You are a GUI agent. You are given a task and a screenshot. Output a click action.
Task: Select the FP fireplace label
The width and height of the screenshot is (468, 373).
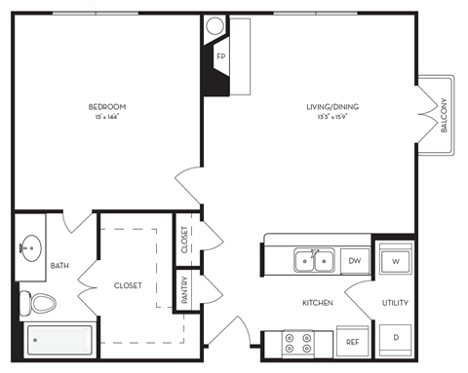click(220, 56)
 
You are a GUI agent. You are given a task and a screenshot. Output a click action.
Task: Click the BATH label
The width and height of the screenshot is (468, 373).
click(59, 265)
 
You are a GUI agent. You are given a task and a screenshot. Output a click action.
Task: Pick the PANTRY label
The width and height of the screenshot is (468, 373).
click(184, 292)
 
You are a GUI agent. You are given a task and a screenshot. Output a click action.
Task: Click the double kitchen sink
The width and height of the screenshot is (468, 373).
click(314, 260)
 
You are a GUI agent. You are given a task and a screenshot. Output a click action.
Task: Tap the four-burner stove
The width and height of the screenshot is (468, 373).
click(296, 342)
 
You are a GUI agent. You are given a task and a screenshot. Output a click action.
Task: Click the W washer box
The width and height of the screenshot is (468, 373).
click(397, 260)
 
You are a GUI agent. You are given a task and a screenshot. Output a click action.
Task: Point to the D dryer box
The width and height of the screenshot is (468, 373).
click(397, 338)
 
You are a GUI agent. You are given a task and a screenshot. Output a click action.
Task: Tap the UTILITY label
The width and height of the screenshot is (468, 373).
click(395, 303)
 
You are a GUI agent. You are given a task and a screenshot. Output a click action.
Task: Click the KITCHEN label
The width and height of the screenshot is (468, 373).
click(318, 303)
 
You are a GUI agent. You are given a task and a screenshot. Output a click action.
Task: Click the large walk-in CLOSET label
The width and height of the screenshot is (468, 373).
click(128, 285)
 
